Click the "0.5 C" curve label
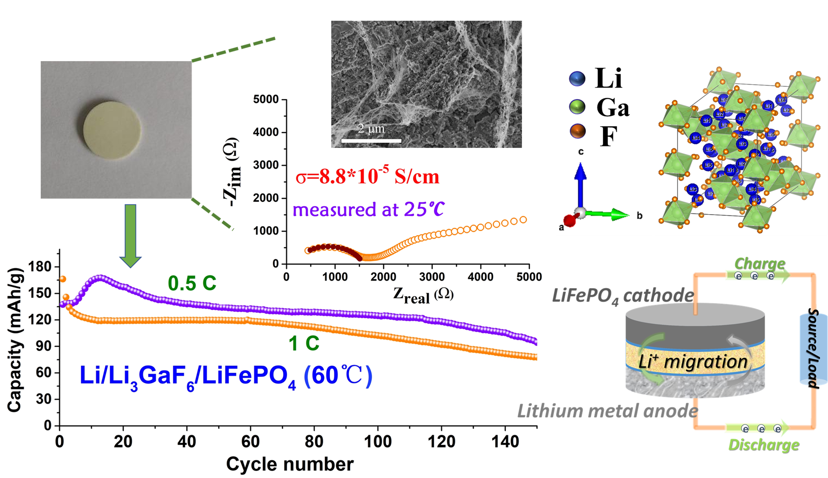coord(192,283)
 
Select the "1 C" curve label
coord(304,343)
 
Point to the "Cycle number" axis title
coord(290,464)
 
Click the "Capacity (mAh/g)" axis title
coord(15,340)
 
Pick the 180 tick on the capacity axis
coord(40,267)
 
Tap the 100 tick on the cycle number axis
coord(378,442)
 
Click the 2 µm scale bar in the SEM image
coord(371,140)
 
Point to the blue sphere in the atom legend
coord(576,79)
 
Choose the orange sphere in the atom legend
coord(577,131)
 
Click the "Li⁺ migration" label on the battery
coord(692,362)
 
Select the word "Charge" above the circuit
coord(759,263)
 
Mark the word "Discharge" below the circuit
coord(763,444)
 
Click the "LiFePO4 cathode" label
coord(623,296)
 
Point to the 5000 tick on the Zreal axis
coord(528,277)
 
